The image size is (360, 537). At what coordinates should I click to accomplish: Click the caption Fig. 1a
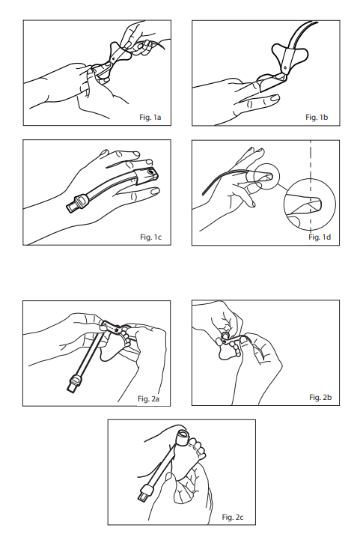click(150, 117)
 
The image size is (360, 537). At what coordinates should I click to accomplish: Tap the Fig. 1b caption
click(317, 117)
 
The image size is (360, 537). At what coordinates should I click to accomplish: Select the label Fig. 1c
click(150, 237)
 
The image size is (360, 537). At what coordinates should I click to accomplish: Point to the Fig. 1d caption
click(320, 237)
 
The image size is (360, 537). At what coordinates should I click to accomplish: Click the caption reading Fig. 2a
click(148, 398)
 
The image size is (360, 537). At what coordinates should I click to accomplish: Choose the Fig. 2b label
click(320, 397)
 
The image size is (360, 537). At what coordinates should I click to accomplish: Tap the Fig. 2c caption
click(233, 517)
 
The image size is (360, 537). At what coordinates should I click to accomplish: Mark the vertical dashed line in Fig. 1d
click(311, 187)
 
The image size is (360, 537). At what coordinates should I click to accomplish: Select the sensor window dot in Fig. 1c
click(150, 169)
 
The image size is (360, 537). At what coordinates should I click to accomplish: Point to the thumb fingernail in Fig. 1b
click(275, 99)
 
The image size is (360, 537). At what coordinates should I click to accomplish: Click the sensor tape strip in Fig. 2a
click(112, 327)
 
